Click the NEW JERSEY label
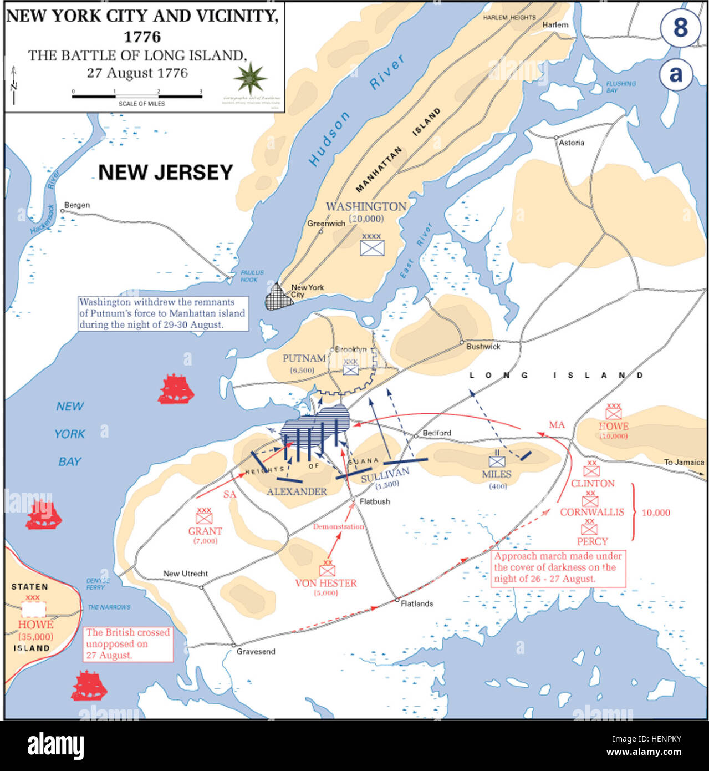(x=165, y=173)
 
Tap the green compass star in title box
(x=251, y=78)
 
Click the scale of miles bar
(x=137, y=97)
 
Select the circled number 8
(x=680, y=28)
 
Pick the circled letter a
(x=676, y=74)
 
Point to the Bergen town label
(x=76, y=205)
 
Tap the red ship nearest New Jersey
(x=176, y=389)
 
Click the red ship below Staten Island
(x=89, y=686)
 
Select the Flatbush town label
(x=375, y=501)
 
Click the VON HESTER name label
(x=326, y=583)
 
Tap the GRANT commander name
(x=205, y=531)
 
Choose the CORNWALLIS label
(x=591, y=512)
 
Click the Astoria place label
(x=571, y=143)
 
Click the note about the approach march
(x=558, y=567)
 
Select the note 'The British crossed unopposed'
(x=127, y=644)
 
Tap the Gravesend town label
(x=256, y=651)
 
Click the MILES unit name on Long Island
(x=496, y=474)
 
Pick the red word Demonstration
(x=338, y=526)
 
